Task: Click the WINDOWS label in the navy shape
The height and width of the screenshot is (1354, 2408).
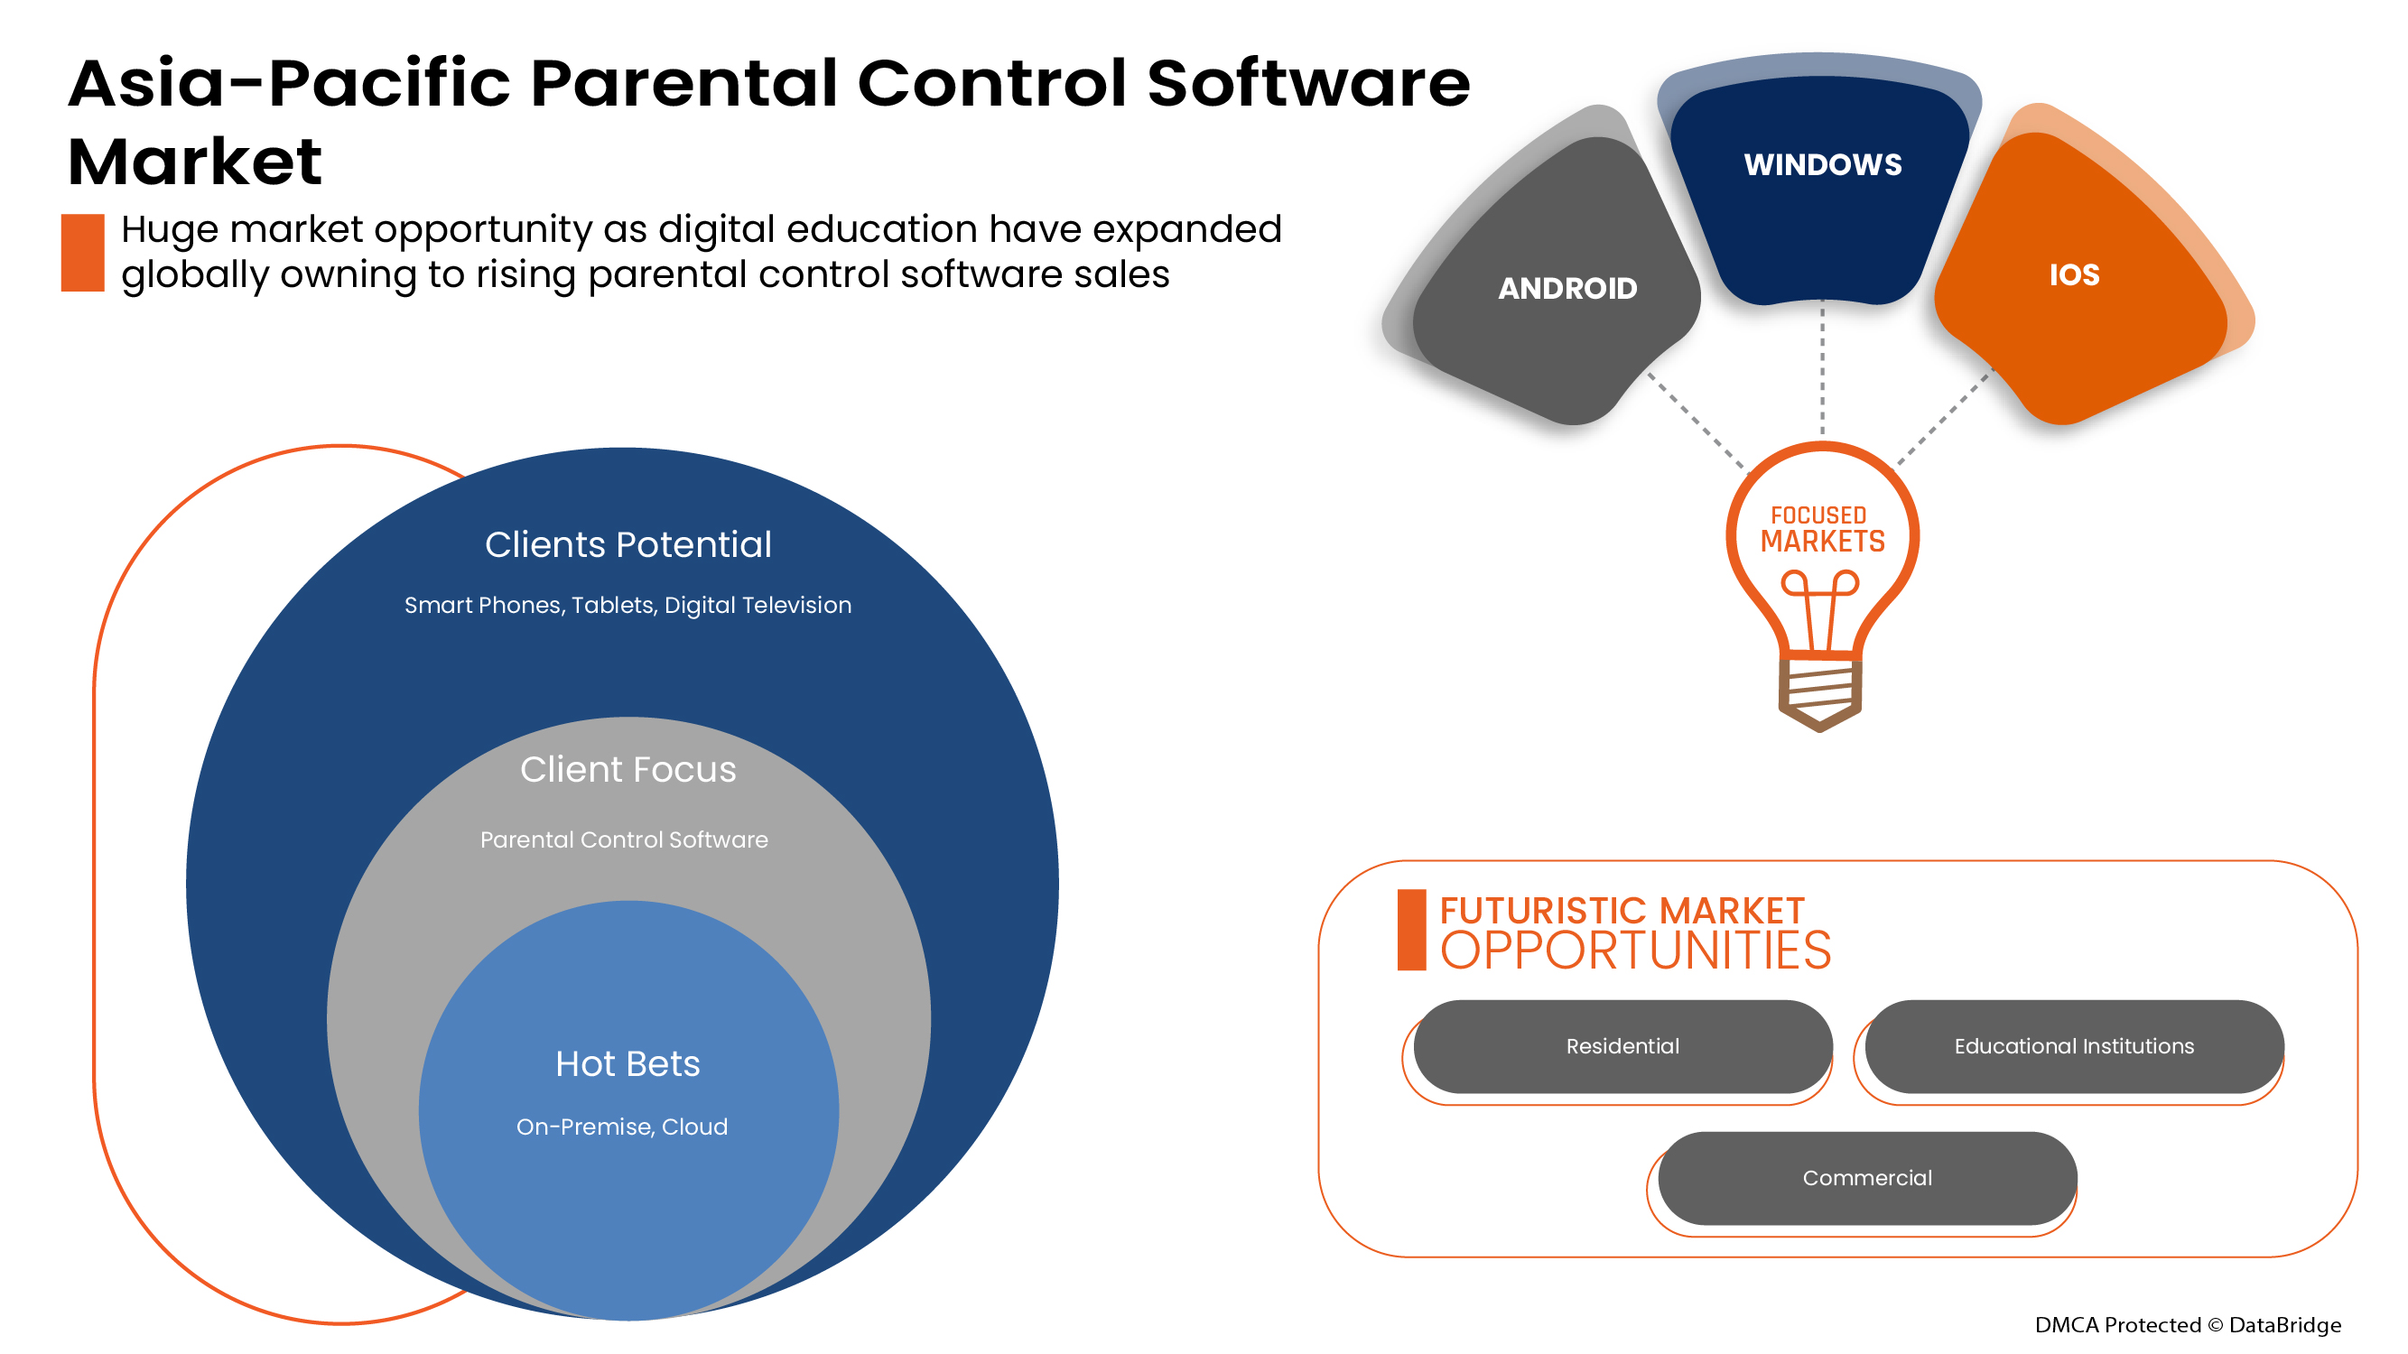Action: point(1822,164)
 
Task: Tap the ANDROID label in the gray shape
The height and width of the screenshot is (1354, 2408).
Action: point(1567,288)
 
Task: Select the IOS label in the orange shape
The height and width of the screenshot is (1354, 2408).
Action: point(2073,274)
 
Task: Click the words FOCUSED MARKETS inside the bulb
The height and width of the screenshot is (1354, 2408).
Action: point(1822,530)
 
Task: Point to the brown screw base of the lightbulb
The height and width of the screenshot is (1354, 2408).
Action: point(1819,693)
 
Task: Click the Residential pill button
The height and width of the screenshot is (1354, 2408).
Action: point(1622,1045)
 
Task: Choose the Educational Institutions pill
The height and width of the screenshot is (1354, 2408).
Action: point(2073,1045)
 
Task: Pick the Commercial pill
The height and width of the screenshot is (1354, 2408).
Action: point(1867,1177)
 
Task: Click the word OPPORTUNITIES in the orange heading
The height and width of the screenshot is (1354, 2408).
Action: point(1635,951)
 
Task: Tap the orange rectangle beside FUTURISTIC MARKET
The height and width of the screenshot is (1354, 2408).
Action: point(1410,930)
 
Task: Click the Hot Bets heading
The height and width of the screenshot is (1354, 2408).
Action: point(628,1063)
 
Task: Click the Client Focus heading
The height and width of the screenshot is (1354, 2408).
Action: point(628,769)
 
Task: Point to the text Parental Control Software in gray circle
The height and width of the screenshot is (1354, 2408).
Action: point(624,839)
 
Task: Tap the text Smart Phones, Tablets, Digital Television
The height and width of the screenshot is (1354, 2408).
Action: point(628,605)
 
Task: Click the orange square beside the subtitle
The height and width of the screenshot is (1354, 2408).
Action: point(82,253)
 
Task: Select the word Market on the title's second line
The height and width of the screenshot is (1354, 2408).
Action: point(194,162)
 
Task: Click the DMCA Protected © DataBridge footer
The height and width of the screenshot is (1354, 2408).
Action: point(2188,1324)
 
